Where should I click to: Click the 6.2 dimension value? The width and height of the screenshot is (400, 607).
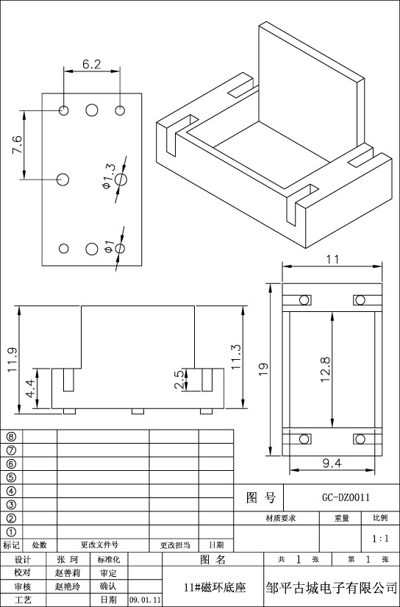(x=92, y=64)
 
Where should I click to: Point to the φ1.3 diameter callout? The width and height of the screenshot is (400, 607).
(x=109, y=177)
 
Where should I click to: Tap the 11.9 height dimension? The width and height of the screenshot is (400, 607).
(x=12, y=360)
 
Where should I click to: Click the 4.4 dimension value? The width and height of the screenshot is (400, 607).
(x=31, y=388)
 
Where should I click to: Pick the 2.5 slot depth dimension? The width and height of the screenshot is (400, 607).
(x=180, y=380)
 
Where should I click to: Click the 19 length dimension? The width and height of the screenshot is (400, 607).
(x=263, y=370)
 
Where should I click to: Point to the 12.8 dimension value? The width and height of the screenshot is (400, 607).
(x=325, y=369)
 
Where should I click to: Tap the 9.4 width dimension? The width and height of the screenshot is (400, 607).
(x=332, y=464)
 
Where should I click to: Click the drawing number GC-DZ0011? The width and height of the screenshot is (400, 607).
(x=346, y=497)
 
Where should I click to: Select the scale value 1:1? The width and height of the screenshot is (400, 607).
(x=380, y=539)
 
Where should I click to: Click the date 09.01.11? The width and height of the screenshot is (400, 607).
(x=145, y=600)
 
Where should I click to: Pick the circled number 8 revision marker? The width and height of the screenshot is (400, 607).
(x=12, y=436)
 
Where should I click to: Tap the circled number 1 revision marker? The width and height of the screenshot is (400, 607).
(x=12, y=532)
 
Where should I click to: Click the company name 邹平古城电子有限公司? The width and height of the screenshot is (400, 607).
(x=332, y=588)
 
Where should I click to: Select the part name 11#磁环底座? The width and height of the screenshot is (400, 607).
(x=215, y=588)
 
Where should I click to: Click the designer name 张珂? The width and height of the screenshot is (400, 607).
(x=68, y=560)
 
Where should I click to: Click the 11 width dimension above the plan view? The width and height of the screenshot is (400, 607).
(x=332, y=260)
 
